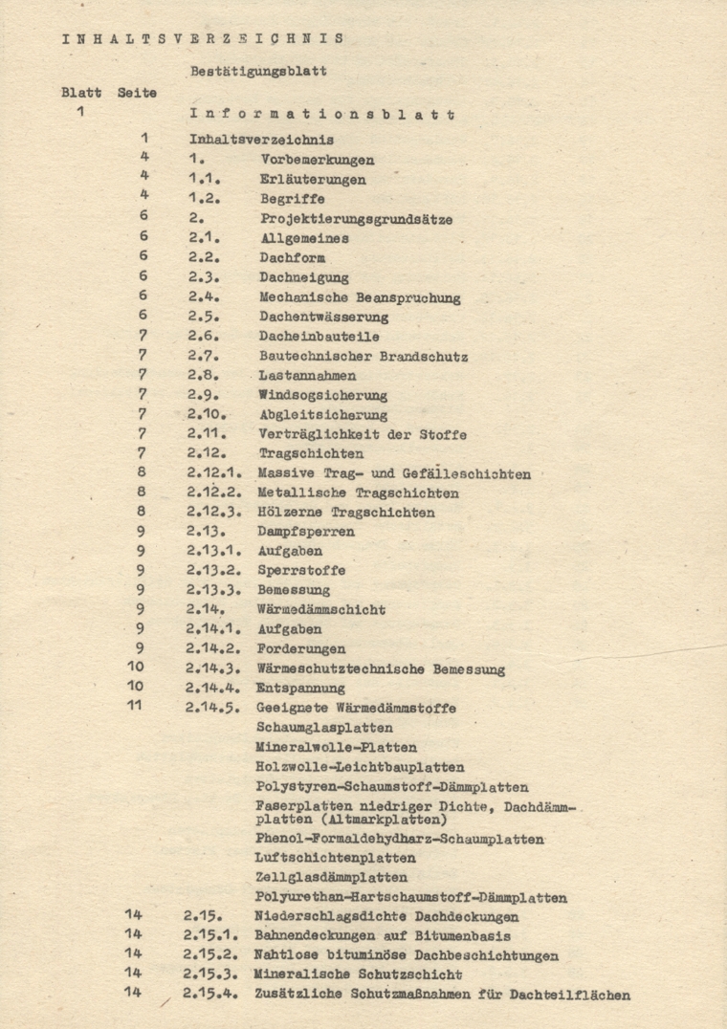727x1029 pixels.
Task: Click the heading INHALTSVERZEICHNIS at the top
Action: point(203,39)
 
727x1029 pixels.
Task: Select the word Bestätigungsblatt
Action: point(258,72)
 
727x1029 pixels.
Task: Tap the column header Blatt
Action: point(81,93)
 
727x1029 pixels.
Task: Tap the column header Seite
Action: point(137,93)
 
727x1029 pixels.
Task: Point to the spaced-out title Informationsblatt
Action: point(321,115)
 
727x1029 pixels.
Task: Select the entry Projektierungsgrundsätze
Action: point(356,219)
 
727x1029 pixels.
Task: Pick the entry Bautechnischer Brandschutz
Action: point(363,357)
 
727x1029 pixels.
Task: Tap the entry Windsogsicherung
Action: point(322,395)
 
